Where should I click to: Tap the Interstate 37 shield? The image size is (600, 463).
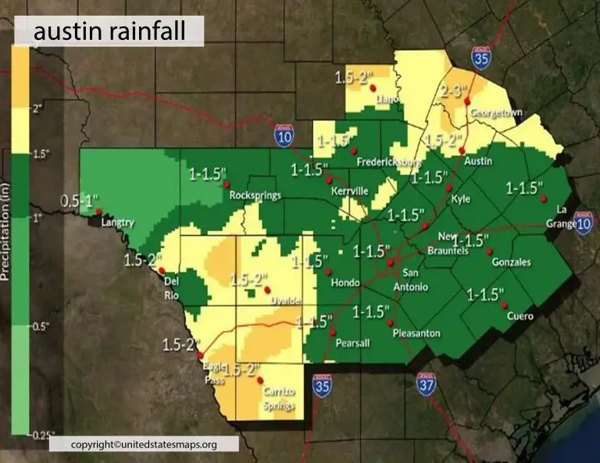[x=426, y=386]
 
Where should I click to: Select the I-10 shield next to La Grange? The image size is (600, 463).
[x=583, y=223]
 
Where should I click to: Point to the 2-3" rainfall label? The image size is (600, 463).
[x=454, y=91]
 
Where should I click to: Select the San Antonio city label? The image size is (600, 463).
[x=415, y=280]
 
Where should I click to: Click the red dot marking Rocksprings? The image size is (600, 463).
[x=226, y=185]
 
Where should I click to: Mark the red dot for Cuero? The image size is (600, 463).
[x=504, y=305]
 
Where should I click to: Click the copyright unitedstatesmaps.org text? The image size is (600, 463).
[x=144, y=444]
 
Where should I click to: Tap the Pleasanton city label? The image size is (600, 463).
[x=416, y=333]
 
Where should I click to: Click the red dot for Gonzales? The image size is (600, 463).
[x=489, y=251]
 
